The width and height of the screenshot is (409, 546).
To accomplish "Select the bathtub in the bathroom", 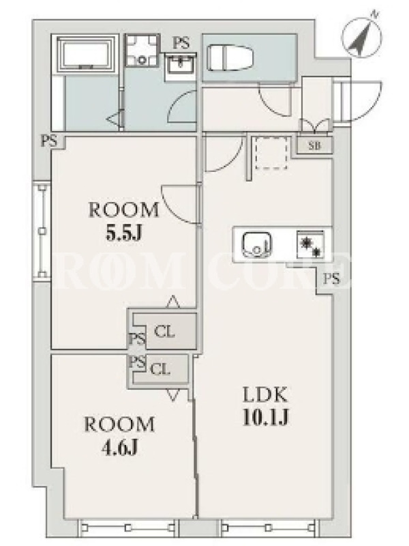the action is click(86, 53).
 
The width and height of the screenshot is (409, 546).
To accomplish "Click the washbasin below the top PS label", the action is click(180, 64).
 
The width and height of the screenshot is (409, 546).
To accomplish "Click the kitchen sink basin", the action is click(257, 244).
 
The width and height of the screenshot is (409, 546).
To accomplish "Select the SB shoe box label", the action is click(315, 145).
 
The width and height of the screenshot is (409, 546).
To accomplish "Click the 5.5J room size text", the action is click(124, 235).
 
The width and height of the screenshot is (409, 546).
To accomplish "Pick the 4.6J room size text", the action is click(120, 448).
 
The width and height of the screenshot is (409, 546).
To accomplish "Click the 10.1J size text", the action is click(266, 418).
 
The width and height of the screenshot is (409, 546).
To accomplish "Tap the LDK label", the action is click(265, 395).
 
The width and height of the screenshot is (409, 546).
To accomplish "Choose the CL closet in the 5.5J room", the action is click(164, 332).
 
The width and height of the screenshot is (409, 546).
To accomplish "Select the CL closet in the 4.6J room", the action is click(160, 369).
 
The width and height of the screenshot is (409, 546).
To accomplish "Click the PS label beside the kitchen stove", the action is click(331, 279).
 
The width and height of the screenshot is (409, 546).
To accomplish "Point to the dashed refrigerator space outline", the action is click(271, 152).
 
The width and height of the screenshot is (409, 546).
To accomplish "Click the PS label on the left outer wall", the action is click(49, 141).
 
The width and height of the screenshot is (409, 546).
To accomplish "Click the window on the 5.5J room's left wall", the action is click(42, 230).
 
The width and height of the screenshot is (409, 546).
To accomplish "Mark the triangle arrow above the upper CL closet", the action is click(173, 302).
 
